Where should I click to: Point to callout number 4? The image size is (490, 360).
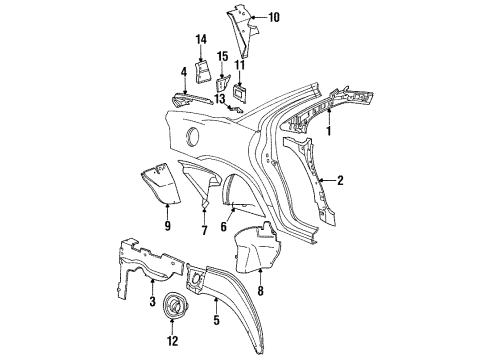183,71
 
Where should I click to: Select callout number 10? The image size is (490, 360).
274,17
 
